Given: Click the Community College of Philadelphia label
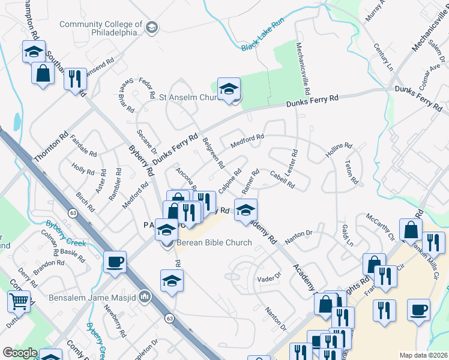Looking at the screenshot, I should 101,28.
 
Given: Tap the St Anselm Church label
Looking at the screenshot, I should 187,97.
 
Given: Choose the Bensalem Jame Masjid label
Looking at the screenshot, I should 98,296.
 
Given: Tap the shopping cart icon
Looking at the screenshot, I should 19,301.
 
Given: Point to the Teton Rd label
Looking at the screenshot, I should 352,172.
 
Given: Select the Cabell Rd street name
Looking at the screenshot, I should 282,179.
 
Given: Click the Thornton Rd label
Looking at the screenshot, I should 51,146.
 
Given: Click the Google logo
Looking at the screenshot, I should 19,353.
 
